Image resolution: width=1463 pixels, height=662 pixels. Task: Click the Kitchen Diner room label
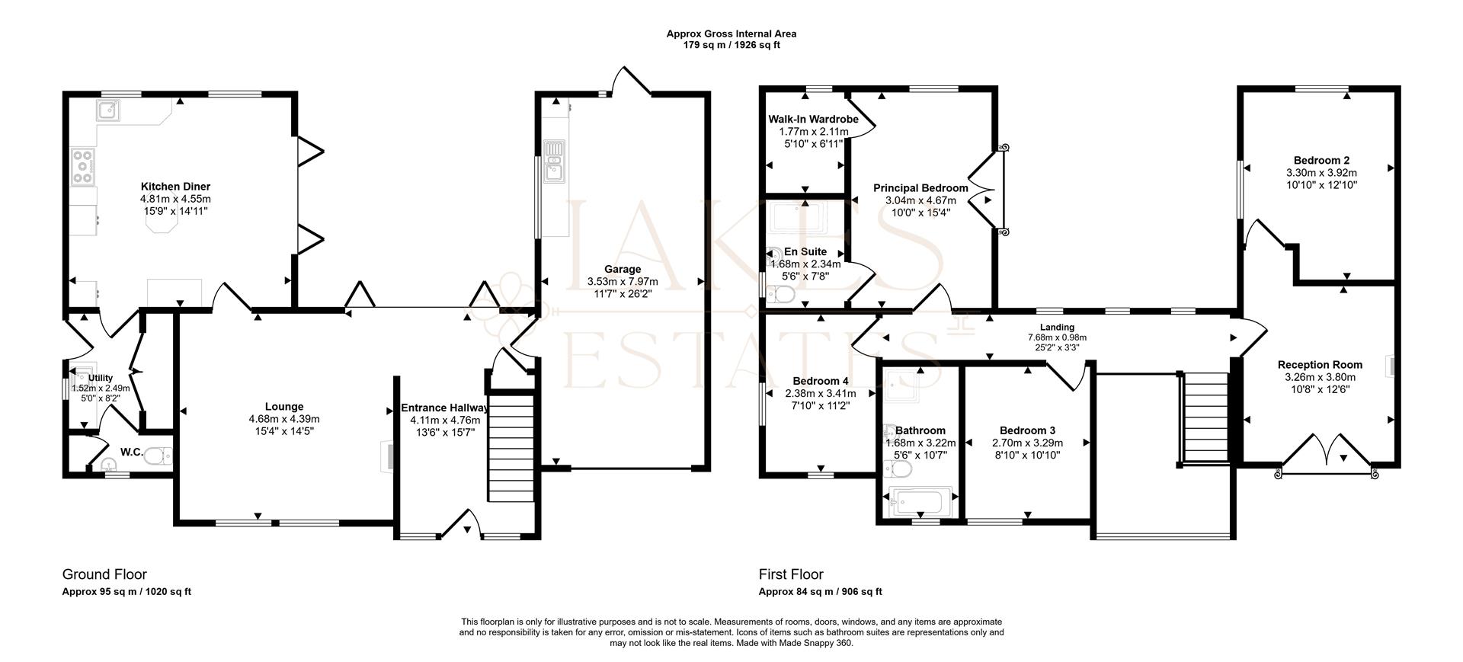175,187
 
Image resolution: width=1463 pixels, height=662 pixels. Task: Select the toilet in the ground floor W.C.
158,456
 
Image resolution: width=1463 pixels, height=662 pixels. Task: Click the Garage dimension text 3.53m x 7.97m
623,282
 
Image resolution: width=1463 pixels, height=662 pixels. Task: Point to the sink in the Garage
555,162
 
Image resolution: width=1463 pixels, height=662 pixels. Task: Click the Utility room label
101,378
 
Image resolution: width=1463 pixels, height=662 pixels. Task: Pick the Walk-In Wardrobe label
813,120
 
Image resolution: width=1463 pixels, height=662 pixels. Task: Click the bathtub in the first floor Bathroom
920,502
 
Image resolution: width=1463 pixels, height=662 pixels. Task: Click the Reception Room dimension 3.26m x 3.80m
1320,377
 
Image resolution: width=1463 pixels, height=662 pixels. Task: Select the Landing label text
1057,328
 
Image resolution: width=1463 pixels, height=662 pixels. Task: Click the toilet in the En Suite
782,294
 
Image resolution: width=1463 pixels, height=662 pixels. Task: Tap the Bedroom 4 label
820,382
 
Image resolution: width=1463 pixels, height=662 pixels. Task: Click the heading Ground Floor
104,574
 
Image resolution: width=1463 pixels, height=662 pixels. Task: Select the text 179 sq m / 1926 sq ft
731,45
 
